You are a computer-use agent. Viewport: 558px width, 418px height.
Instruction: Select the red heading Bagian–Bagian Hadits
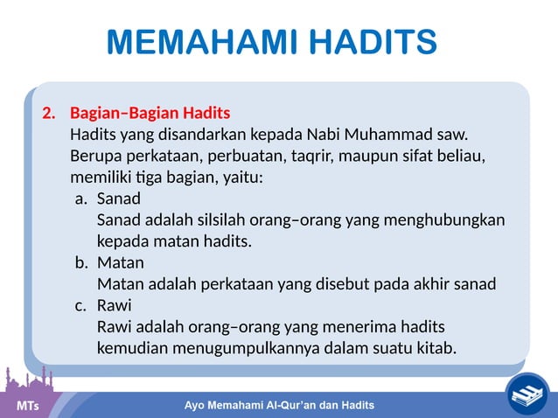pyautogui.click(x=150, y=114)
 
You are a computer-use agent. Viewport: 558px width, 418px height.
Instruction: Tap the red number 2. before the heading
pyautogui.click(x=50, y=114)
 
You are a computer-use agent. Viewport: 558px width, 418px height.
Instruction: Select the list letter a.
pyautogui.click(x=80, y=199)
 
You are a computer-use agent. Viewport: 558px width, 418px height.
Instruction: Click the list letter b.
pyautogui.click(x=80, y=262)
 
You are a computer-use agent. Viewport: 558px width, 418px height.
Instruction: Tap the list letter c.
pyautogui.click(x=80, y=305)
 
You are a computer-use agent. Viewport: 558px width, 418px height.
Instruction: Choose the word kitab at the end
pyautogui.click(x=435, y=348)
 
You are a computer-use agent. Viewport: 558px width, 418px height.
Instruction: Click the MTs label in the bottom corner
pyautogui.click(x=29, y=406)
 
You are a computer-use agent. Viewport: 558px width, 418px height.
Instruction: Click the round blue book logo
pyautogui.click(x=527, y=394)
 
